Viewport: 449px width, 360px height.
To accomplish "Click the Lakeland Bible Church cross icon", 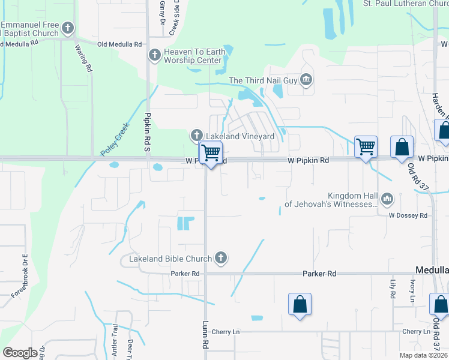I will click(x=221, y=259).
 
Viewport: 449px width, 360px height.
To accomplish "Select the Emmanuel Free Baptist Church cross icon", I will click(x=68, y=28).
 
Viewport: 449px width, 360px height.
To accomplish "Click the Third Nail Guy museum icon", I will click(x=306, y=80).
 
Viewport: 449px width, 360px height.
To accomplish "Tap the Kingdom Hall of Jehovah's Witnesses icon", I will click(x=387, y=198).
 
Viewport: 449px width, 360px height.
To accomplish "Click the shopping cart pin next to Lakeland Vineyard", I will click(x=211, y=153).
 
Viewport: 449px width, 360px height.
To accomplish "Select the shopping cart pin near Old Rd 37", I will click(x=366, y=146).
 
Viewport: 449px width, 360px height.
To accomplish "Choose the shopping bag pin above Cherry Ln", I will click(x=300, y=304).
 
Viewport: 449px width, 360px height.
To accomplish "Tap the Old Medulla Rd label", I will click(x=119, y=44).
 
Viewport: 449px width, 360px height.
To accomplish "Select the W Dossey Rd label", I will click(x=408, y=215).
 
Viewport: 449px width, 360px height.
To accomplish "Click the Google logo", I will click(x=20, y=353).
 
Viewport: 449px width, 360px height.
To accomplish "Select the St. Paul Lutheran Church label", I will click(x=406, y=4).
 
